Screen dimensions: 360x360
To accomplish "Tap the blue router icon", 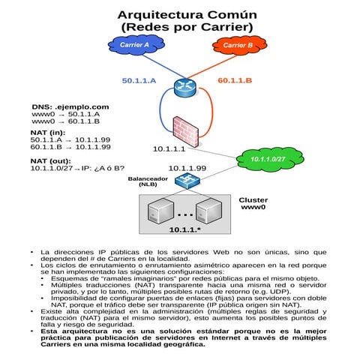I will point(183,87).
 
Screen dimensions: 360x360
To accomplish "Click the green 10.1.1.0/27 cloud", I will point(268,159).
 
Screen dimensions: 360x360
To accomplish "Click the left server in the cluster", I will point(158,211).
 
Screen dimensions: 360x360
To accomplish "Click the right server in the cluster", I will point(210,211).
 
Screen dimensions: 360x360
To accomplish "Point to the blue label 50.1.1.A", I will point(139,80).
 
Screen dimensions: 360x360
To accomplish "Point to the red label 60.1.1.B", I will point(235,80).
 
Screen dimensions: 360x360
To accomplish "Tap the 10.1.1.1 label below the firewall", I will point(169,149).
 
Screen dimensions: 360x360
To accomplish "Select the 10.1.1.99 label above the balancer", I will point(187,168).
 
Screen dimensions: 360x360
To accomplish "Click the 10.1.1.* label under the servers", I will point(184,229).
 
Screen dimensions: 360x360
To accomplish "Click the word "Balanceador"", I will point(148,178).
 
